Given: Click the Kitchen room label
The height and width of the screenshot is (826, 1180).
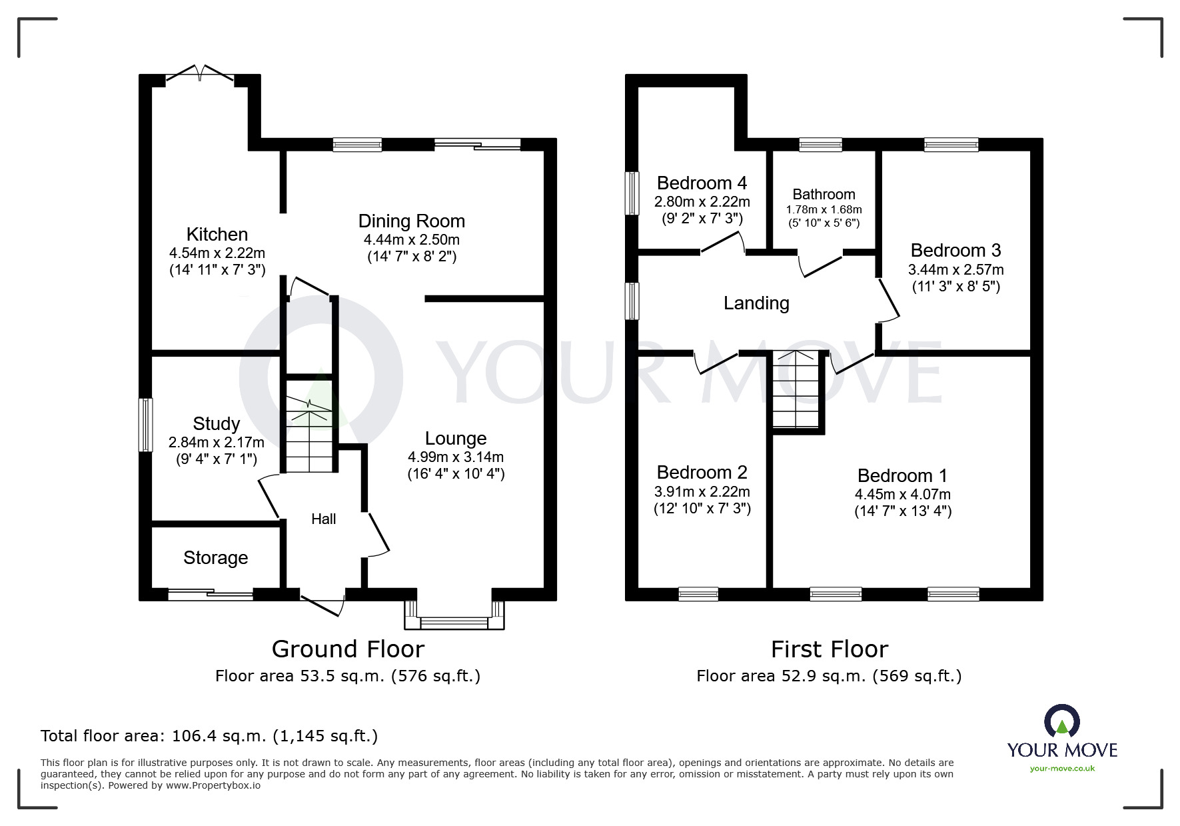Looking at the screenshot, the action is tap(217, 235).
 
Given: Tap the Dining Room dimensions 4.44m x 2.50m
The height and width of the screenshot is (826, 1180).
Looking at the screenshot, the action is tap(412, 240).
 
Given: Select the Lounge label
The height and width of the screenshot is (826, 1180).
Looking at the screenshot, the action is tap(456, 439).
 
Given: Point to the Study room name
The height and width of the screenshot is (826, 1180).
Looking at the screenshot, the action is tap(216, 424).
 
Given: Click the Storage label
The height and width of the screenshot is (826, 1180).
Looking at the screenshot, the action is tap(216, 558).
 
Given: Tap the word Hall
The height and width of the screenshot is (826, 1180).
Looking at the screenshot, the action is tap(324, 519).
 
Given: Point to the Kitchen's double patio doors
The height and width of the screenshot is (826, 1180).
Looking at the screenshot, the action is tap(200, 74).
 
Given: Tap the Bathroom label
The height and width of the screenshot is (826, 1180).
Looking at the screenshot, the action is tap(824, 195).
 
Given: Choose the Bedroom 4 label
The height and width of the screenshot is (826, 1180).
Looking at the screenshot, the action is tap(702, 183).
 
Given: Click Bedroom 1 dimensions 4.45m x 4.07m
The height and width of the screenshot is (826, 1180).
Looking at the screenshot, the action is tap(903, 495).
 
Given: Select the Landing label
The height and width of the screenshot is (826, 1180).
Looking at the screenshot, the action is tap(756, 303).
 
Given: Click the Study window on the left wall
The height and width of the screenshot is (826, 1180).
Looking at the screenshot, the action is tap(145, 425).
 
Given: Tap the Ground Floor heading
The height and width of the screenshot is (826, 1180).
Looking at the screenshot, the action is tap(348, 649).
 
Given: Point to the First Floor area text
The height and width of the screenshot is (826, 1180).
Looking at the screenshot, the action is tap(830, 676).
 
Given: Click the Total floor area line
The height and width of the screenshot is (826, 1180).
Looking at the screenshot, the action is tap(209, 736).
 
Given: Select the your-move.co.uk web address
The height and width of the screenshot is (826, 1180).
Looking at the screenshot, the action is tap(1062, 769).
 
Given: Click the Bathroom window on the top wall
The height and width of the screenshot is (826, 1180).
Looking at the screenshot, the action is tap(821, 145).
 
